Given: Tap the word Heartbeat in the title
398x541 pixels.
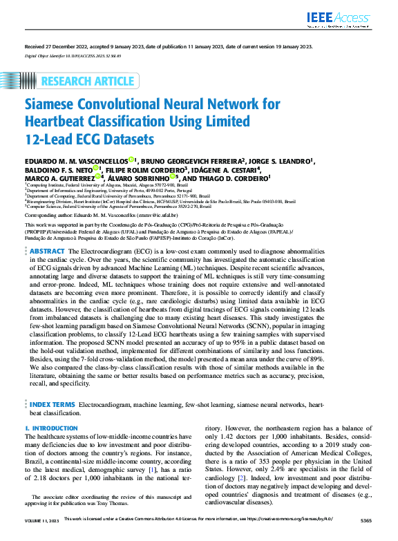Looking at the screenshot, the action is pos(63,122).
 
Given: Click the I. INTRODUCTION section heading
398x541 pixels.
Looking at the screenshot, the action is pos(52,428).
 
